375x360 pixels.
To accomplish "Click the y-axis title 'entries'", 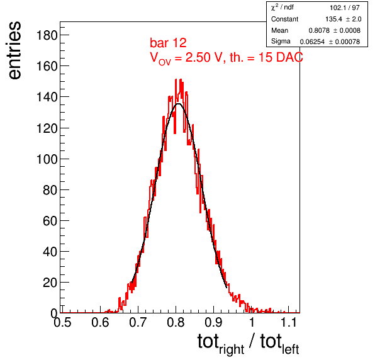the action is (x=15, y=50).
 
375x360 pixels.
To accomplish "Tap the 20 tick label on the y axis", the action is (x=50, y=283).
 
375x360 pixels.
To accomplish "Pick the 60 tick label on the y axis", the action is (x=50, y=221).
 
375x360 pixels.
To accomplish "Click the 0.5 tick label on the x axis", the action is (x=62, y=322).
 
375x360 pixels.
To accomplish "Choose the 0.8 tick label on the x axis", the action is (x=176, y=322).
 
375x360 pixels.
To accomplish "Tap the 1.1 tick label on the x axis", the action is (x=288, y=322).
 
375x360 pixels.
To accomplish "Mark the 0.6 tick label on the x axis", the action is (x=100, y=322).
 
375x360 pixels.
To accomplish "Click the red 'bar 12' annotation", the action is (x=168, y=43).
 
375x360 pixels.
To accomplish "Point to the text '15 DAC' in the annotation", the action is (x=281, y=57).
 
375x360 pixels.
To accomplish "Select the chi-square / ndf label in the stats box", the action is (x=283, y=8).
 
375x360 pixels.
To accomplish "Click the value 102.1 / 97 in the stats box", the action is (x=345, y=8).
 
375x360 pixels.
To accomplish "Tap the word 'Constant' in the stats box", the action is (x=284, y=19).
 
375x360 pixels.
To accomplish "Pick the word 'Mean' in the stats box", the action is (x=279, y=30).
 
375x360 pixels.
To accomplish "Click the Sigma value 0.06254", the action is (x=312, y=42).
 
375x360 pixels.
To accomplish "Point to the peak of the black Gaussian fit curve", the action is (x=179, y=104).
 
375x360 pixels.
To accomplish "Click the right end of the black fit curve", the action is (x=227, y=288).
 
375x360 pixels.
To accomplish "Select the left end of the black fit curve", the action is (x=132, y=283).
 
